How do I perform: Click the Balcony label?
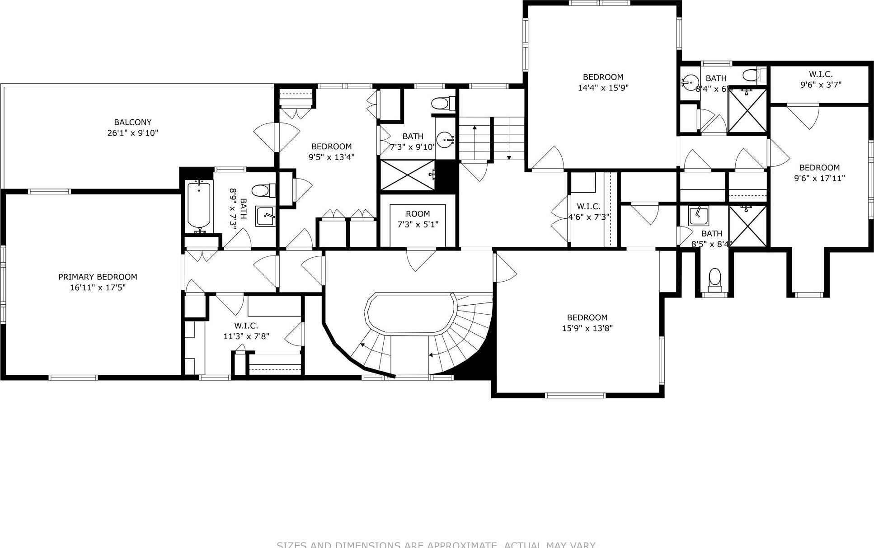click(132, 122)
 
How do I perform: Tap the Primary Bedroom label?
click(98, 277)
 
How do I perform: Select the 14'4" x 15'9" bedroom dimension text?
click(603, 88)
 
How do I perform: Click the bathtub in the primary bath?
click(199, 205)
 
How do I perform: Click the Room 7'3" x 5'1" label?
click(418, 214)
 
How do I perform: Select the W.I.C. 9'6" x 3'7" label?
click(820, 74)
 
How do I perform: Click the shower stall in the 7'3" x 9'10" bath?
click(407, 175)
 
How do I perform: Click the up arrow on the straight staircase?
click(475, 128)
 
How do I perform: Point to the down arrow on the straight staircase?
click(509, 156)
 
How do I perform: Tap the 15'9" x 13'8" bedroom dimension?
click(587, 328)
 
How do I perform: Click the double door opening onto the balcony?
click(276, 137)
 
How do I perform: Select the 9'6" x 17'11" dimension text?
click(819, 178)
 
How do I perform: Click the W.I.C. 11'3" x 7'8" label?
click(246, 326)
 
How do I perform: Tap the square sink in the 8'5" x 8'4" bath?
click(699, 216)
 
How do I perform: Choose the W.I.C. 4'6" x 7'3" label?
click(589, 206)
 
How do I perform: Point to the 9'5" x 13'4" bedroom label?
click(331, 146)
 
